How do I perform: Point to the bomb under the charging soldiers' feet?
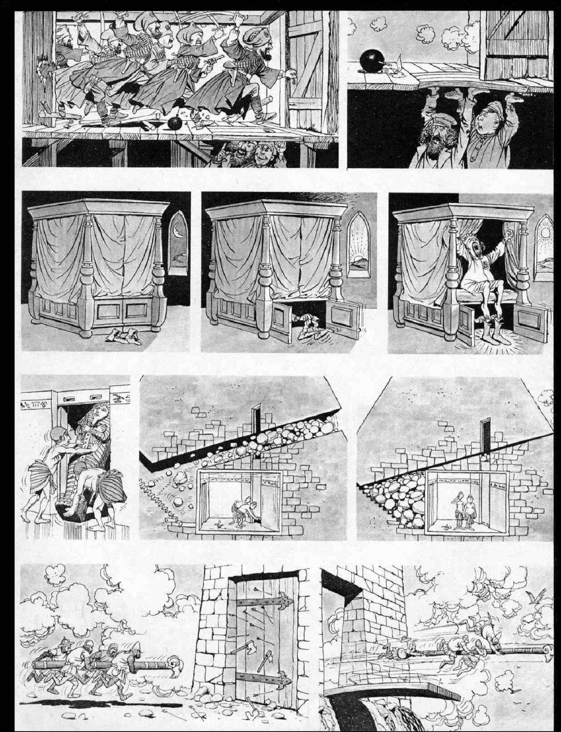[x=176, y=123]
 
